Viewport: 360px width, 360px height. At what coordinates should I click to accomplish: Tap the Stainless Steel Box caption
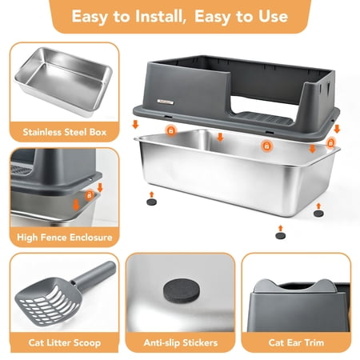pyautogui.click(x=65, y=132)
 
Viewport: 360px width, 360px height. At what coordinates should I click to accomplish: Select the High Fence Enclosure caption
pyautogui.click(x=65, y=237)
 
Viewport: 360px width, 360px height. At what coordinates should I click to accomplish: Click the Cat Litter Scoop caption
pyautogui.click(x=65, y=342)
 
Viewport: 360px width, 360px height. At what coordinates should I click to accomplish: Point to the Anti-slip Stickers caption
pyautogui.click(x=181, y=342)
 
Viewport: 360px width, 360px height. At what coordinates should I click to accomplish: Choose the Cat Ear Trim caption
pyautogui.click(x=296, y=342)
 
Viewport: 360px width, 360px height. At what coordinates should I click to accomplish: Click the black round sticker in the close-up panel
pyautogui.click(x=181, y=290)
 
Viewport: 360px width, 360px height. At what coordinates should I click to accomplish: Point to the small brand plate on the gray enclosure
pyautogui.click(x=166, y=102)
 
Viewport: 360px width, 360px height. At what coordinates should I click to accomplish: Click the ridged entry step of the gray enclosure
pyautogui.click(x=263, y=118)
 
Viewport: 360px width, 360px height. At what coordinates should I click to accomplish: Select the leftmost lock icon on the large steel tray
pyautogui.click(x=171, y=131)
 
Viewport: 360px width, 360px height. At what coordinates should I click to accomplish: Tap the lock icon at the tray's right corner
pyautogui.click(x=330, y=143)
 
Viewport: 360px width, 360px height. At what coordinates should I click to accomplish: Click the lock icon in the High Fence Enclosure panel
pyautogui.click(x=90, y=195)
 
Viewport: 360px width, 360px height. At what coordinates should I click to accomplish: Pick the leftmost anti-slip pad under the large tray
pyautogui.click(x=152, y=202)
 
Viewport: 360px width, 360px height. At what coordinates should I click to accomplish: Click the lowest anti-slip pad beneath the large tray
pyautogui.click(x=281, y=236)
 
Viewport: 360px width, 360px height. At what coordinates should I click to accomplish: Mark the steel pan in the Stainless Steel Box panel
pyautogui.click(x=63, y=82)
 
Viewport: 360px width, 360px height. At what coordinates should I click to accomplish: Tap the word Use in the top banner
pyautogui.click(x=273, y=16)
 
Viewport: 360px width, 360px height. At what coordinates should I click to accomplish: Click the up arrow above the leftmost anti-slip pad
pyautogui.click(x=152, y=194)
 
